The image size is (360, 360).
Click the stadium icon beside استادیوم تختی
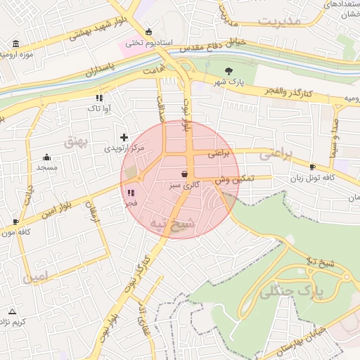[148, 32]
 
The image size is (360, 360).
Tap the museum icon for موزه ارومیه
[16, 44]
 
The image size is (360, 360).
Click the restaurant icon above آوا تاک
[98, 98]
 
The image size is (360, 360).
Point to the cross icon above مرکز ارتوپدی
[124, 137]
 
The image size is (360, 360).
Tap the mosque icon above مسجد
[46, 157]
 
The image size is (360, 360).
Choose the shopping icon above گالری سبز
[184, 174]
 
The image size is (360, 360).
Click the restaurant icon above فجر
[130, 193]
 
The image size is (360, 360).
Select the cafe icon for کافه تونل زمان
[313, 167]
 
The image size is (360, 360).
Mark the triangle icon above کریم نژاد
[12, 311]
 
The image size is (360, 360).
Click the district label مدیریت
[278, 20]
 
